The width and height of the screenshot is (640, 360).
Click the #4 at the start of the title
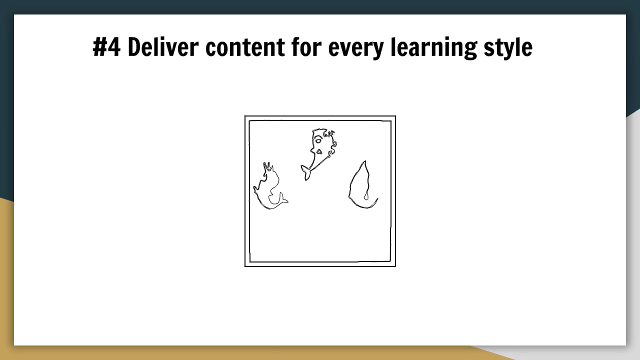pos(107,47)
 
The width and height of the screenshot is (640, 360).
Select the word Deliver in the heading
pos(163,47)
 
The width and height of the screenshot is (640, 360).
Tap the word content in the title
pos(245,47)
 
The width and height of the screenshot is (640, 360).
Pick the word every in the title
pos(356,49)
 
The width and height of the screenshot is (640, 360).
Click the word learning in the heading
pos(434,48)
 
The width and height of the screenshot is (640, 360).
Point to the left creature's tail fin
pos(283,198)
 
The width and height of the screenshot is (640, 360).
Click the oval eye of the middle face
pos(318,141)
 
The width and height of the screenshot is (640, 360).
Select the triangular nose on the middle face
pos(319,151)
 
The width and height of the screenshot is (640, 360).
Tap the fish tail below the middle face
pos(305,172)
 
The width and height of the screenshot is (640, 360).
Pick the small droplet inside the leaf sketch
pos(366,196)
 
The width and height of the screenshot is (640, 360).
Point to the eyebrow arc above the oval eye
pos(318,136)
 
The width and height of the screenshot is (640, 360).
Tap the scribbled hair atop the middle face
pos(329,133)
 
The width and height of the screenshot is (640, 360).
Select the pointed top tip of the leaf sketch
pos(364,161)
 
